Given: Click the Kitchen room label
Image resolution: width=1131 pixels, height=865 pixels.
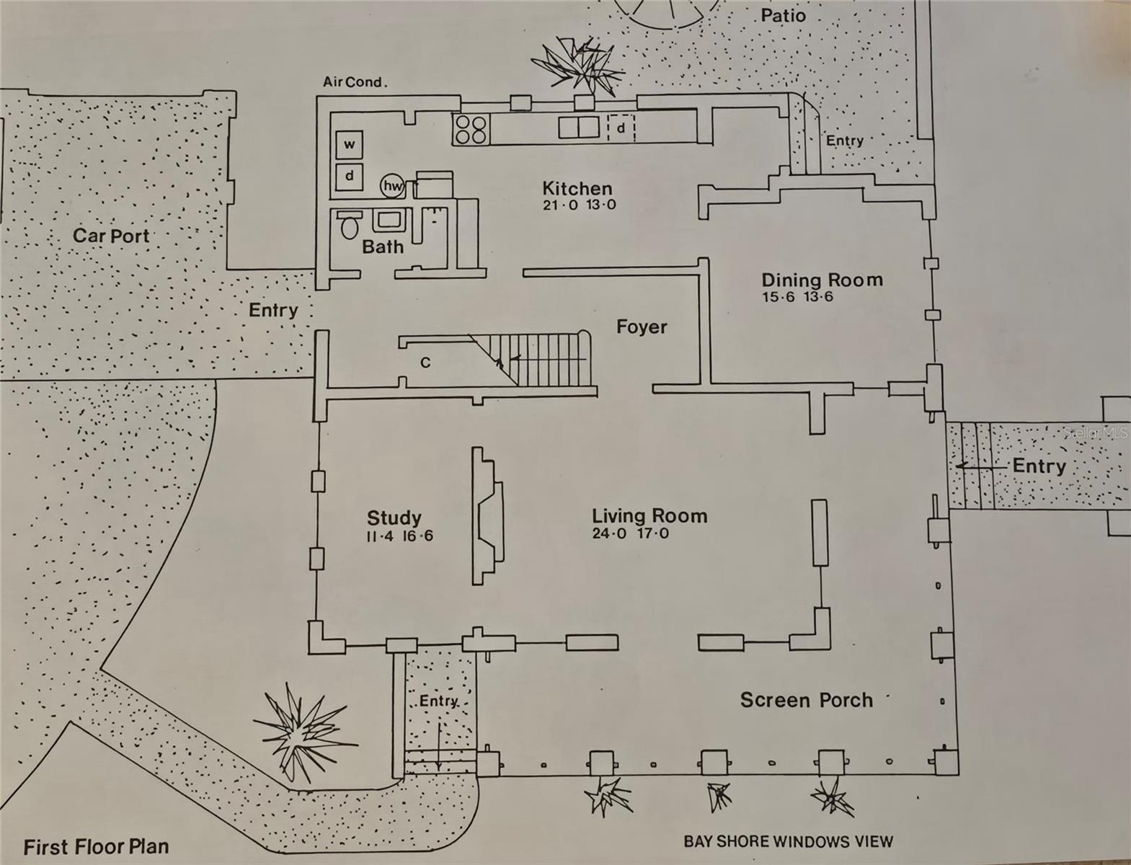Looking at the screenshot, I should click(577, 189).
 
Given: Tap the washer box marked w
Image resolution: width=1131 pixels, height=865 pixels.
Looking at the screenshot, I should click(349, 144).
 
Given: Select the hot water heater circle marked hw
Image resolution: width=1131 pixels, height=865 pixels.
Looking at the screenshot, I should click(392, 186).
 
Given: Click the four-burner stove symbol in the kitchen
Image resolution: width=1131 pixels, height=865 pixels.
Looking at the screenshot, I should click(470, 130).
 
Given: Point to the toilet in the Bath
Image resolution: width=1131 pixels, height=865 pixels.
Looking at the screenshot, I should click(350, 226).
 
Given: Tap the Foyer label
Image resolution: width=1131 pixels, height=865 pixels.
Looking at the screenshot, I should click(641, 327).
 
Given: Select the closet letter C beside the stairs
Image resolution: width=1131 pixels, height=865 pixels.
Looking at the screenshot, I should click(425, 363).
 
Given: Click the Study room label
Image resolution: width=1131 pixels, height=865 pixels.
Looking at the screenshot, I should click(394, 518).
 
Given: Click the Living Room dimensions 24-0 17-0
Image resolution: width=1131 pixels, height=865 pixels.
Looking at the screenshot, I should click(630, 534).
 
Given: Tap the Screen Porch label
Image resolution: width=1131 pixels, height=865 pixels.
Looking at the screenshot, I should click(806, 700).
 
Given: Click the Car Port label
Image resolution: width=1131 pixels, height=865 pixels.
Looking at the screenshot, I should click(111, 236).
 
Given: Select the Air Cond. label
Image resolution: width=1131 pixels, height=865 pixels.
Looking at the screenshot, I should click(355, 82).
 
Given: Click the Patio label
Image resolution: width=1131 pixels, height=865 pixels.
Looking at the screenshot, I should click(783, 15).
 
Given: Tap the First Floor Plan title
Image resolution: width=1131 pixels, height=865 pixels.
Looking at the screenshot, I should click(96, 846).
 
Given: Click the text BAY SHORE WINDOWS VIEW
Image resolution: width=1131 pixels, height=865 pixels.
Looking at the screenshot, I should click(788, 841).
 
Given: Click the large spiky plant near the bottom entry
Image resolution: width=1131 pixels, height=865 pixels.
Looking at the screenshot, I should click(303, 732).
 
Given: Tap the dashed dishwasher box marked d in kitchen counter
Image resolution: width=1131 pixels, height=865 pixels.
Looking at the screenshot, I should click(621, 128).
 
